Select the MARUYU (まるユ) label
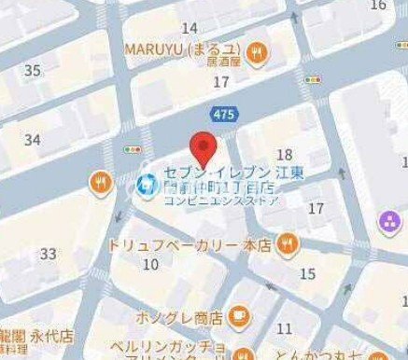tap(182, 48)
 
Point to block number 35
tap(33, 71)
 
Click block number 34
tap(33, 140)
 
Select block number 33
tap(48, 254)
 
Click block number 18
tap(286, 154)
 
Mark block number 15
tap(307, 273)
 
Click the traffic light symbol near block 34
tap(133, 149)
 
